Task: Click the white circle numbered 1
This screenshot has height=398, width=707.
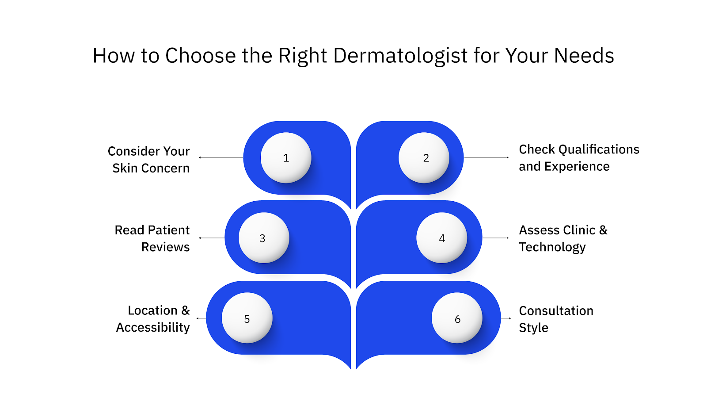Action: [286, 158]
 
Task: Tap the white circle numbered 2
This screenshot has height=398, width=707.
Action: [424, 158]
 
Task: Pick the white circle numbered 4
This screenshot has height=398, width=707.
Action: [441, 238]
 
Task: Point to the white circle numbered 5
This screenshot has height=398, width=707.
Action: [247, 318]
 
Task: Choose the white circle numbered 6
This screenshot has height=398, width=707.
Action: [457, 318]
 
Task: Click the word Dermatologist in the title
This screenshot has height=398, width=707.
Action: [400, 56]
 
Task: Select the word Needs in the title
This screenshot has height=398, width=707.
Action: [584, 56]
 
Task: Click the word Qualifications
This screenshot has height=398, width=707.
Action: [599, 150]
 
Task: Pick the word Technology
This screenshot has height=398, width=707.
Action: [552, 247]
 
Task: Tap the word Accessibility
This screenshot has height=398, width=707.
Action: [153, 328]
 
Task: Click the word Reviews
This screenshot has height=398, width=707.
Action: [165, 247]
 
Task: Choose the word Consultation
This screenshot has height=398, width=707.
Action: [556, 311]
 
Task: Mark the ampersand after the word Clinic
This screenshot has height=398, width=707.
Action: [603, 230]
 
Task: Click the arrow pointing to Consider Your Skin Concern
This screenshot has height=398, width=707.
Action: [221, 157]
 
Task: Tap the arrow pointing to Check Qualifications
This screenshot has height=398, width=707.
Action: [486, 157]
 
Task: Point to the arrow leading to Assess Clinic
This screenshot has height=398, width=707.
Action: [496, 238]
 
